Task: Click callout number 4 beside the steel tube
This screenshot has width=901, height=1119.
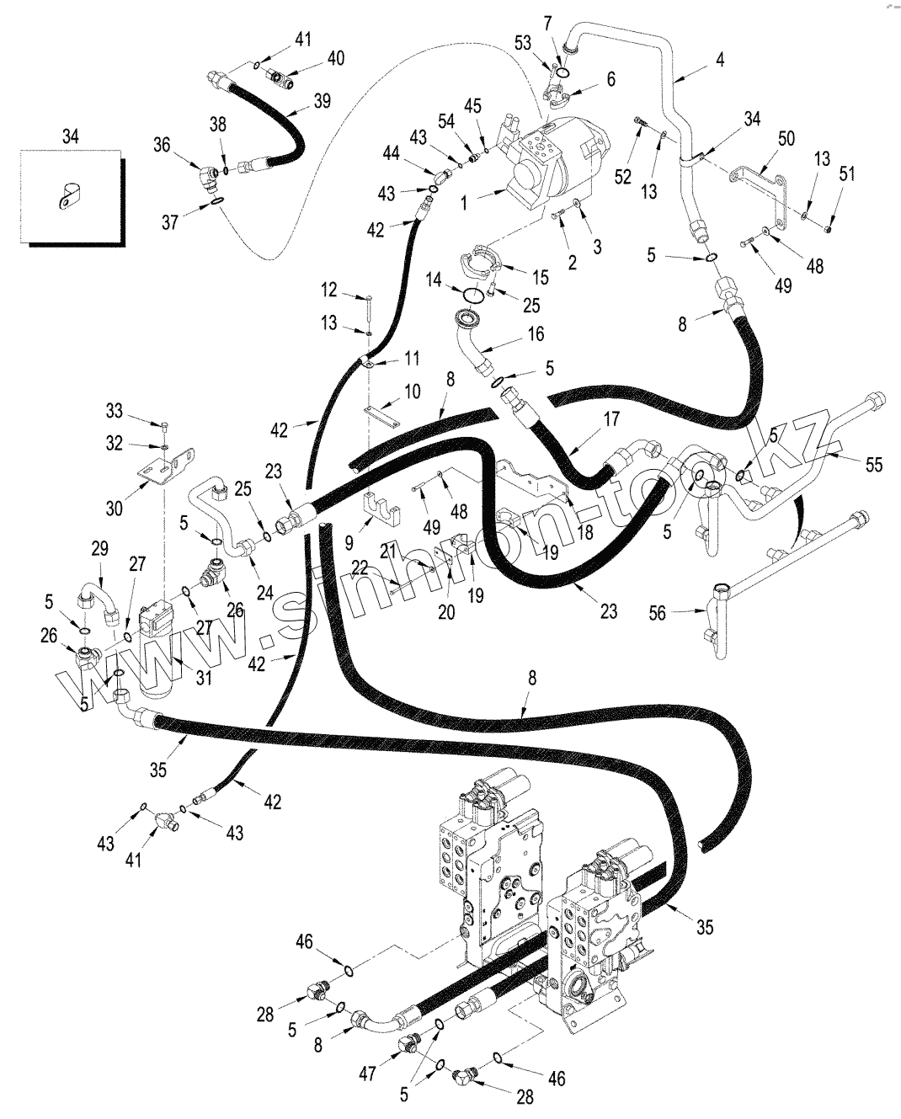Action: [x=720, y=60]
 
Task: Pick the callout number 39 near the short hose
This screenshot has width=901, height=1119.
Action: [x=321, y=101]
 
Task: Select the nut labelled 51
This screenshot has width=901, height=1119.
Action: [x=829, y=225]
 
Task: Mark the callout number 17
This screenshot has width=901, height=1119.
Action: [x=611, y=418]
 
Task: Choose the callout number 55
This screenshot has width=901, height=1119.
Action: [x=875, y=463]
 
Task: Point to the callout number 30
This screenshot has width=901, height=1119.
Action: [x=115, y=509]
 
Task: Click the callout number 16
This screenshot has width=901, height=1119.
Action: [x=536, y=334]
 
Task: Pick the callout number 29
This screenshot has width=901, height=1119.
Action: [x=99, y=549]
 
